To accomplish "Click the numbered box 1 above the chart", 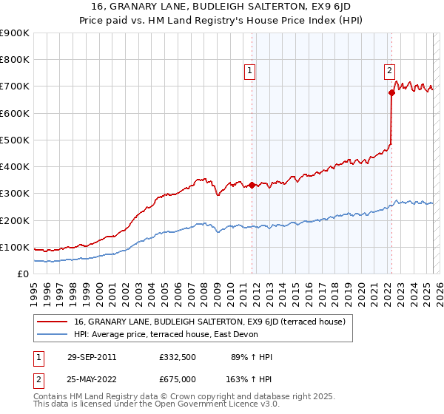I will pos(250,72).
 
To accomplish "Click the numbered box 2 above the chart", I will pos(389,72).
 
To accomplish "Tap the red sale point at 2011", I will pos(252,185).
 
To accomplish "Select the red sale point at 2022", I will pos(391,92).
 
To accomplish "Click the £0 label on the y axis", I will pos(23,274).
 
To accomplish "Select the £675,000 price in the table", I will pos(177,379).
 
